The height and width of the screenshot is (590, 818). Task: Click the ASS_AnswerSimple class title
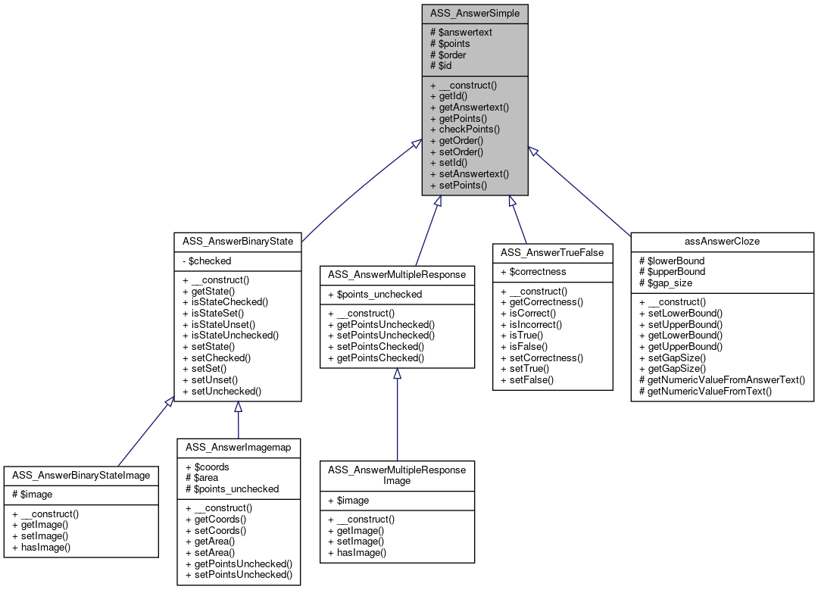(475, 13)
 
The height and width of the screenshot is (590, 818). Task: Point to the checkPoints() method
(465, 130)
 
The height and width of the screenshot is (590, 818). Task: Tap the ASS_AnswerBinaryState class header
(238, 241)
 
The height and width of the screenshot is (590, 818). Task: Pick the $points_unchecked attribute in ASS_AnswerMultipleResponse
(374, 294)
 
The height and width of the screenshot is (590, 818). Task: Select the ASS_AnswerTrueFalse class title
(552, 251)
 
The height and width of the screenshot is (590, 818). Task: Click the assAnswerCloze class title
(722, 241)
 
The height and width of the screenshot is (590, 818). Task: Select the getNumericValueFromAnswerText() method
(722, 380)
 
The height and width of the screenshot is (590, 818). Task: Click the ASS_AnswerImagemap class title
(238, 447)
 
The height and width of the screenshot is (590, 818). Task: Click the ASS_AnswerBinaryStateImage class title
(81, 475)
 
